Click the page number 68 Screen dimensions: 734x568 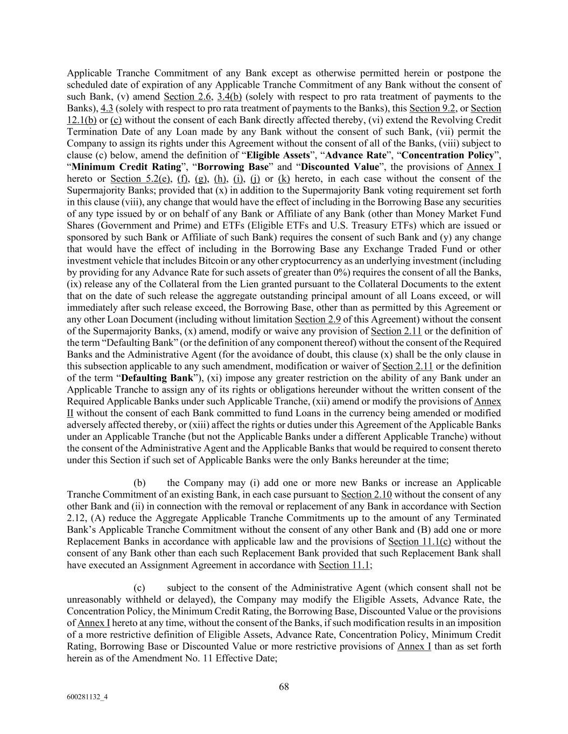click(284, 686)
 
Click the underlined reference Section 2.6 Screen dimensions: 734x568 click(187, 96)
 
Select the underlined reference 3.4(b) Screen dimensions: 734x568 click(229, 96)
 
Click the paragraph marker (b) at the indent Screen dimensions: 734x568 click(139, 483)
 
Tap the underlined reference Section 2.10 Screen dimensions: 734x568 click(366, 495)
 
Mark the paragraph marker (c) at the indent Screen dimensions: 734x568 click(139, 588)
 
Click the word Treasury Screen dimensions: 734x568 click(429, 226)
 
